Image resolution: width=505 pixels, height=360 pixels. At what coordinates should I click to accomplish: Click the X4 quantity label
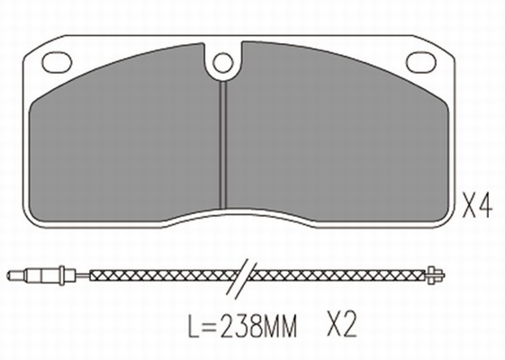tap(477, 205)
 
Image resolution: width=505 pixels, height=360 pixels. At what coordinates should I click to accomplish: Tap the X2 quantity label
tap(342, 324)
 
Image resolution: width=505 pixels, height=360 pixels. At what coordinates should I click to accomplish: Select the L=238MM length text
tap(242, 325)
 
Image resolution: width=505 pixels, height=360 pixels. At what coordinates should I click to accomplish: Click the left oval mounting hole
tap(57, 62)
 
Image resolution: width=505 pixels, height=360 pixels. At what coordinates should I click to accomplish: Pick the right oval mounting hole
tap(421, 62)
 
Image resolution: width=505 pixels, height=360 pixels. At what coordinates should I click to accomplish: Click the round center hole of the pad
tap(223, 63)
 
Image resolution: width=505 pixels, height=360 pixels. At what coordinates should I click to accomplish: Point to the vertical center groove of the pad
tap(223, 145)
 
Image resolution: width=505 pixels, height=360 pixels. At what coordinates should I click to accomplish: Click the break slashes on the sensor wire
tap(242, 277)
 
